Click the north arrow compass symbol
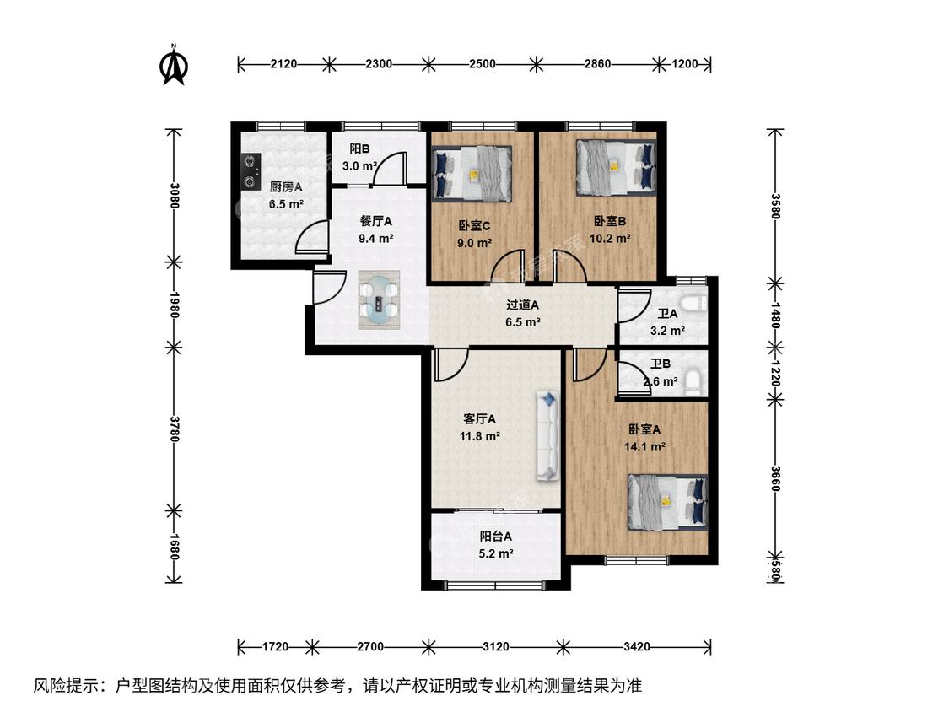pyautogui.click(x=174, y=64)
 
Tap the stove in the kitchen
pyautogui.click(x=250, y=171)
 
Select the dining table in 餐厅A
pyautogui.click(x=380, y=299)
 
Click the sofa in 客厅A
pyautogui.click(x=547, y=436)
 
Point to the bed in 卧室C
pyautogui.click(x=472, y=173)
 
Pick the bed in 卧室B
pyautogui.click(x=616, y=167)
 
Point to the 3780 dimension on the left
pyautogui.click(x=174, y=429)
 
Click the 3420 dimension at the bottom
pyautogui.click(x=637, y=646)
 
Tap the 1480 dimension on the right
pyautogui.click(x=775, y=316)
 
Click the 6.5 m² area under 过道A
pyautogui.click(x=523, y=322)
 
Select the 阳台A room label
pyautogui.click(x=496, y=537)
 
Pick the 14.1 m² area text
pyautogui.click(x=645, y=447)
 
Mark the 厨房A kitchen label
pyautogui.click(x=286, y=187)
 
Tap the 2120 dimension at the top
pyautogui.click(x=283, y=64)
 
